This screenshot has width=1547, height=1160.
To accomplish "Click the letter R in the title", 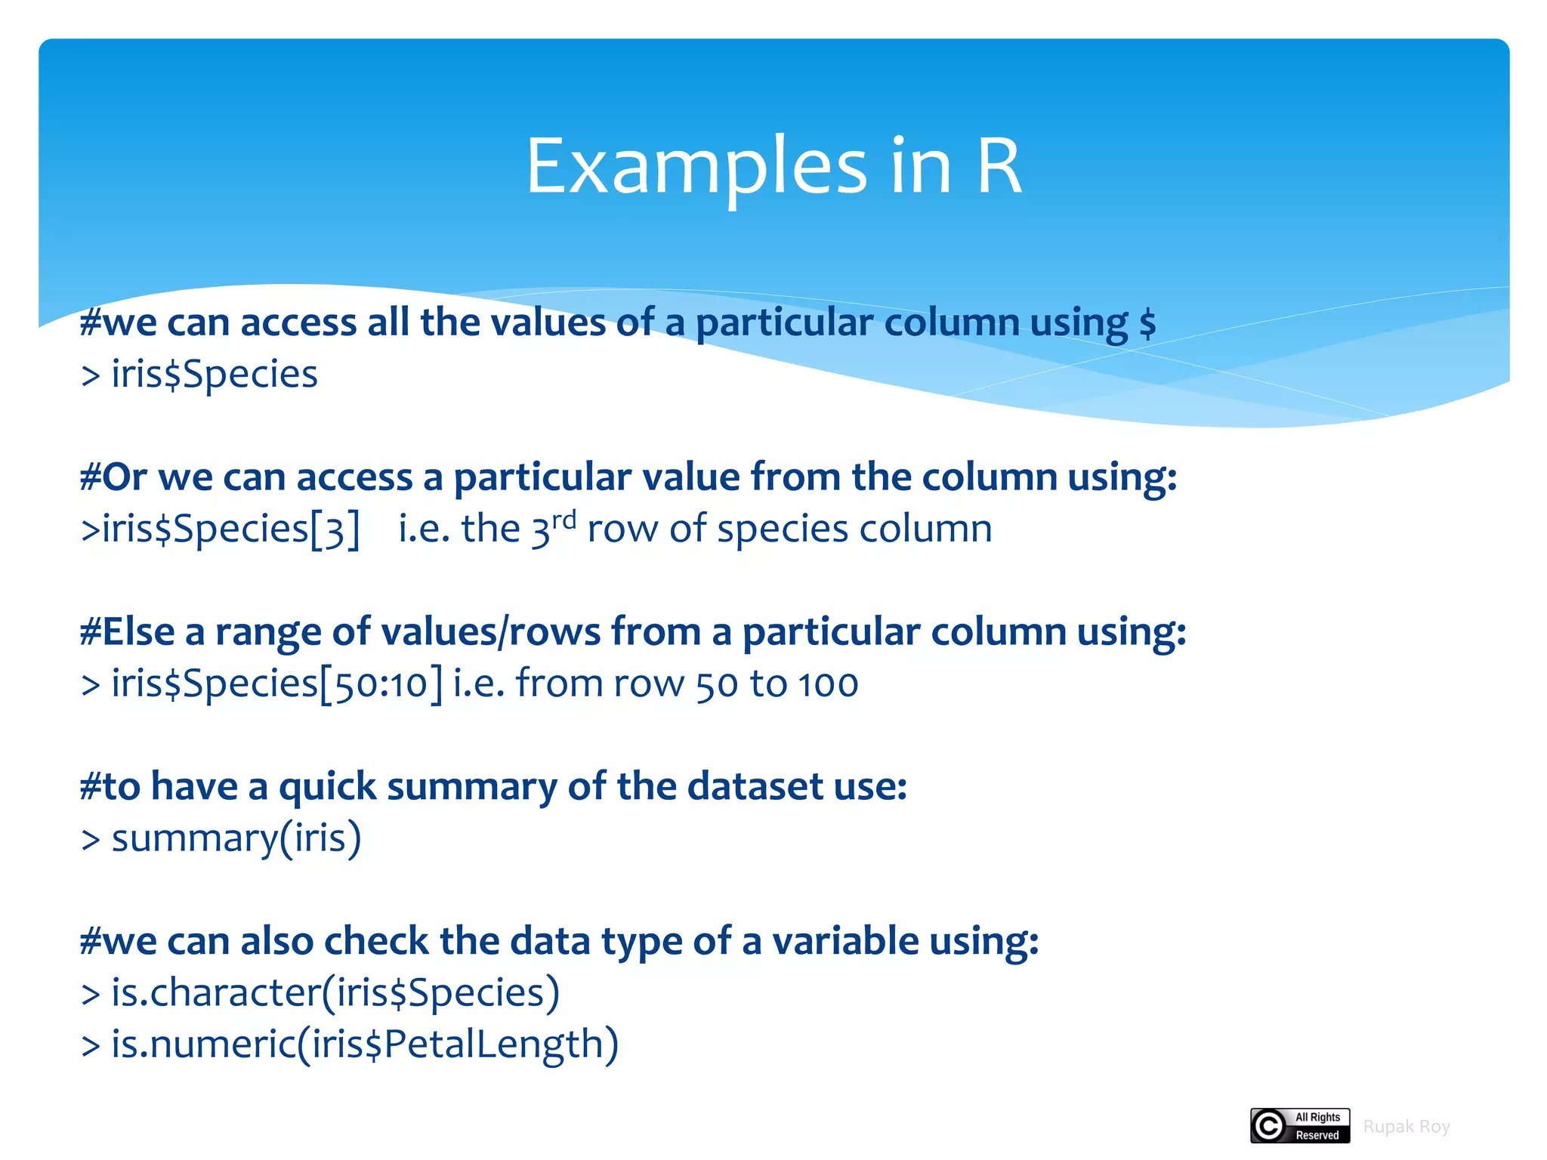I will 999,166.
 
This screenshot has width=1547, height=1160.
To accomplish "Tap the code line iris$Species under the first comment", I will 214,375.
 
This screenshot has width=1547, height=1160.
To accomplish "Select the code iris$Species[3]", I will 230,529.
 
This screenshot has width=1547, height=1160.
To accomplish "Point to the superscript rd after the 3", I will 564,520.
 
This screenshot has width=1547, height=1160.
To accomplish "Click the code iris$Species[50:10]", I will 276,684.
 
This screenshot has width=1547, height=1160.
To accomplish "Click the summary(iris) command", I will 236,838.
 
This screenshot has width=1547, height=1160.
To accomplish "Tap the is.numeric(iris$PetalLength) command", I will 364,1044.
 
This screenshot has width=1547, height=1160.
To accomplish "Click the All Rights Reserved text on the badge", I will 1317,1126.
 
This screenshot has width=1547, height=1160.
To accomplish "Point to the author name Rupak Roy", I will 1406,1127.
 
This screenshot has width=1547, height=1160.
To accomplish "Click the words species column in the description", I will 854,529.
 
